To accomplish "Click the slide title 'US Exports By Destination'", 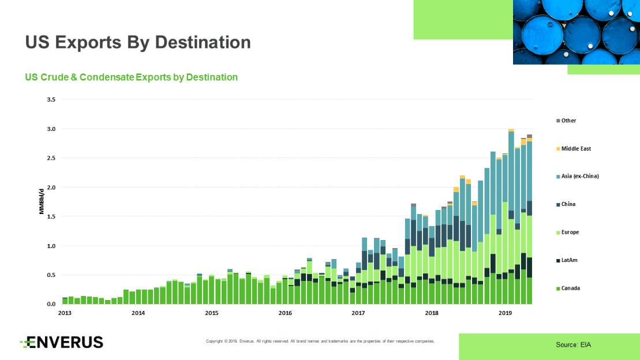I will (x=138, y=42).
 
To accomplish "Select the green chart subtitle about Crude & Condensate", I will (x=131, y=77).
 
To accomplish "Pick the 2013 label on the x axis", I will (x=65, y=313).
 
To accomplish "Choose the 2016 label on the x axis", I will (x=285, y=313).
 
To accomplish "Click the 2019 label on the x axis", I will (x=505, y=313).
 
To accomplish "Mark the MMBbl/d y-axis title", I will (x=42, y=201).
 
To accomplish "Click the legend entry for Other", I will (x=568, y=121).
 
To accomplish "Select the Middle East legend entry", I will (x=576, y=149).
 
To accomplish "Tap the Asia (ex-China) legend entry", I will (x=579, y=176).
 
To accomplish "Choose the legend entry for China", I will (x=568, y=204).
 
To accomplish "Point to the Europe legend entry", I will (x=570, y=232).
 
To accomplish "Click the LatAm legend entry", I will (x=570, y=260).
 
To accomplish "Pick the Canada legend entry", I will (x=570, y=288).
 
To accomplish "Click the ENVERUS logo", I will (x=62, y=343).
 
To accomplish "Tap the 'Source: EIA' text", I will (x=573, y=345).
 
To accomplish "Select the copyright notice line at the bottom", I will (x=320, y=342).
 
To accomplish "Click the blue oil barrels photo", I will (x=575, y=32).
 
